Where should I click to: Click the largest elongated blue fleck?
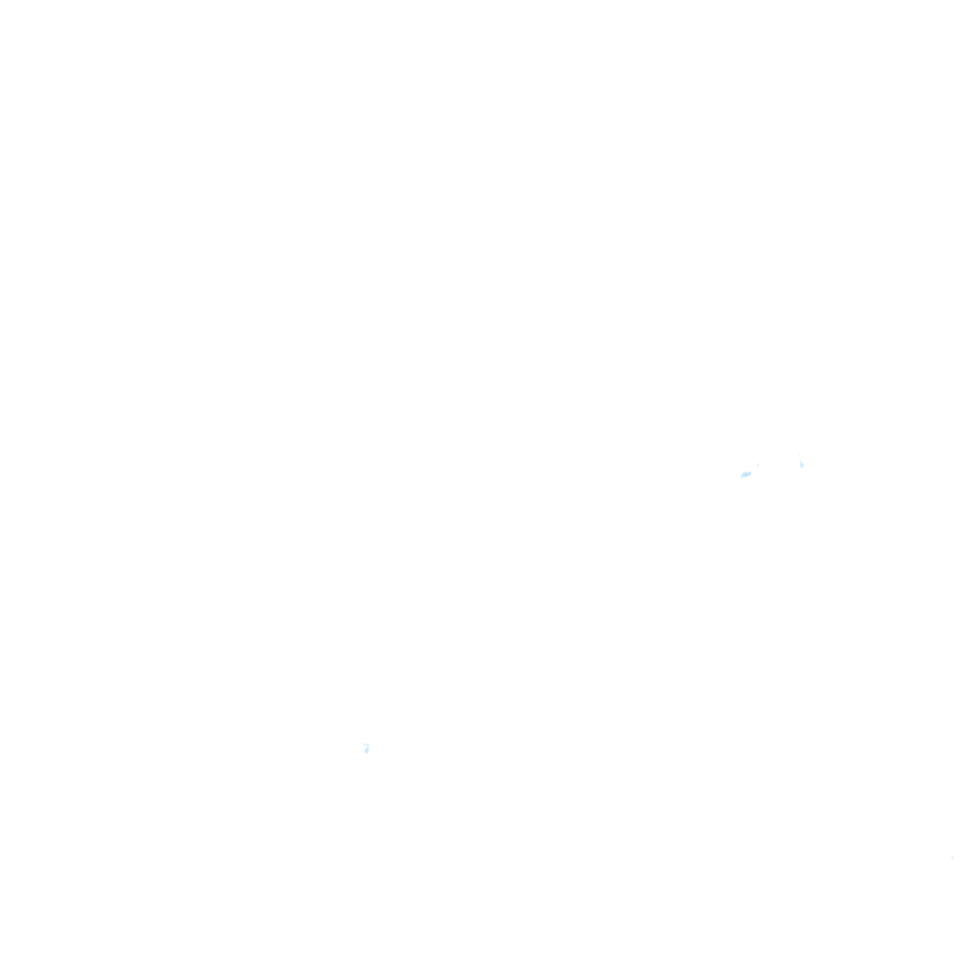click(746, 474)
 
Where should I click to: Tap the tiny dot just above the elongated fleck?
click(758, 465)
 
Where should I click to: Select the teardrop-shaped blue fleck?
click(802, 465)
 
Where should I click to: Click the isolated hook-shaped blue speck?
click(367, 748)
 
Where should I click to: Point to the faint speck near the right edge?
click(952, 857)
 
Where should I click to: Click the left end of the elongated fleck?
click(741, 476)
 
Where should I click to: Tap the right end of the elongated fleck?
click(751, 472)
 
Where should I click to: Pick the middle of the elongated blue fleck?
click(746, 474)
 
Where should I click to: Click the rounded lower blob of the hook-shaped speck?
click(367, 750)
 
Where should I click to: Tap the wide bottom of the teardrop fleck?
click(802, 467)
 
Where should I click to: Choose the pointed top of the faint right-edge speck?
click(951, 855)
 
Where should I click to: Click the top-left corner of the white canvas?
click(1, 1)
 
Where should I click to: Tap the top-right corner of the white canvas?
click(978, 1)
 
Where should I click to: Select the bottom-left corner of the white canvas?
click(1, 978)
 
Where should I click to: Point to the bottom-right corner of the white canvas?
click(978, 978)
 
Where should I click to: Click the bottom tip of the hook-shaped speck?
click(366, 753)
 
